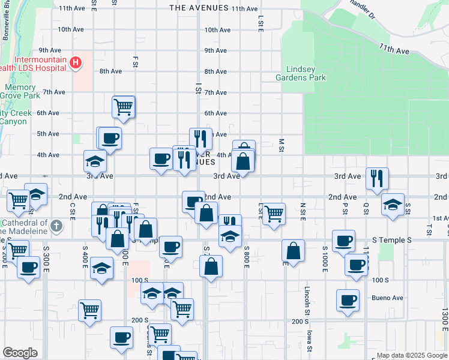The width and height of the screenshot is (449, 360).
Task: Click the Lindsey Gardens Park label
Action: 300,73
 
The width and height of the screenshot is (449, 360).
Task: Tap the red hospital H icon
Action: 76,62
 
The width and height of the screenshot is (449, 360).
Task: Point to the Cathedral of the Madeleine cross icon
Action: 56,226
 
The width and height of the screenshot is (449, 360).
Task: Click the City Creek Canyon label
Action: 13,117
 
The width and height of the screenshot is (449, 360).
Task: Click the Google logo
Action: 20,353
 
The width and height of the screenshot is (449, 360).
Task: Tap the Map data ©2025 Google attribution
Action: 411,355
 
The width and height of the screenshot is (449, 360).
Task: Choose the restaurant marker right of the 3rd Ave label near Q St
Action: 377,178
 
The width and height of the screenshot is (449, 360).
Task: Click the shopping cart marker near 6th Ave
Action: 123,107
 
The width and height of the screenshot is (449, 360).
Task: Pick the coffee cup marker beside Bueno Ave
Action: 347,300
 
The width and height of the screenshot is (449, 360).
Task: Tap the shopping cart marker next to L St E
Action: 274,214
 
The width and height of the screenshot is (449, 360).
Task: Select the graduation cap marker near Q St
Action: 393,205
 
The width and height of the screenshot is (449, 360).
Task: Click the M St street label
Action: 281,145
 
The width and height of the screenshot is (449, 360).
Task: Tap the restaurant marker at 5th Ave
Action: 200,139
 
